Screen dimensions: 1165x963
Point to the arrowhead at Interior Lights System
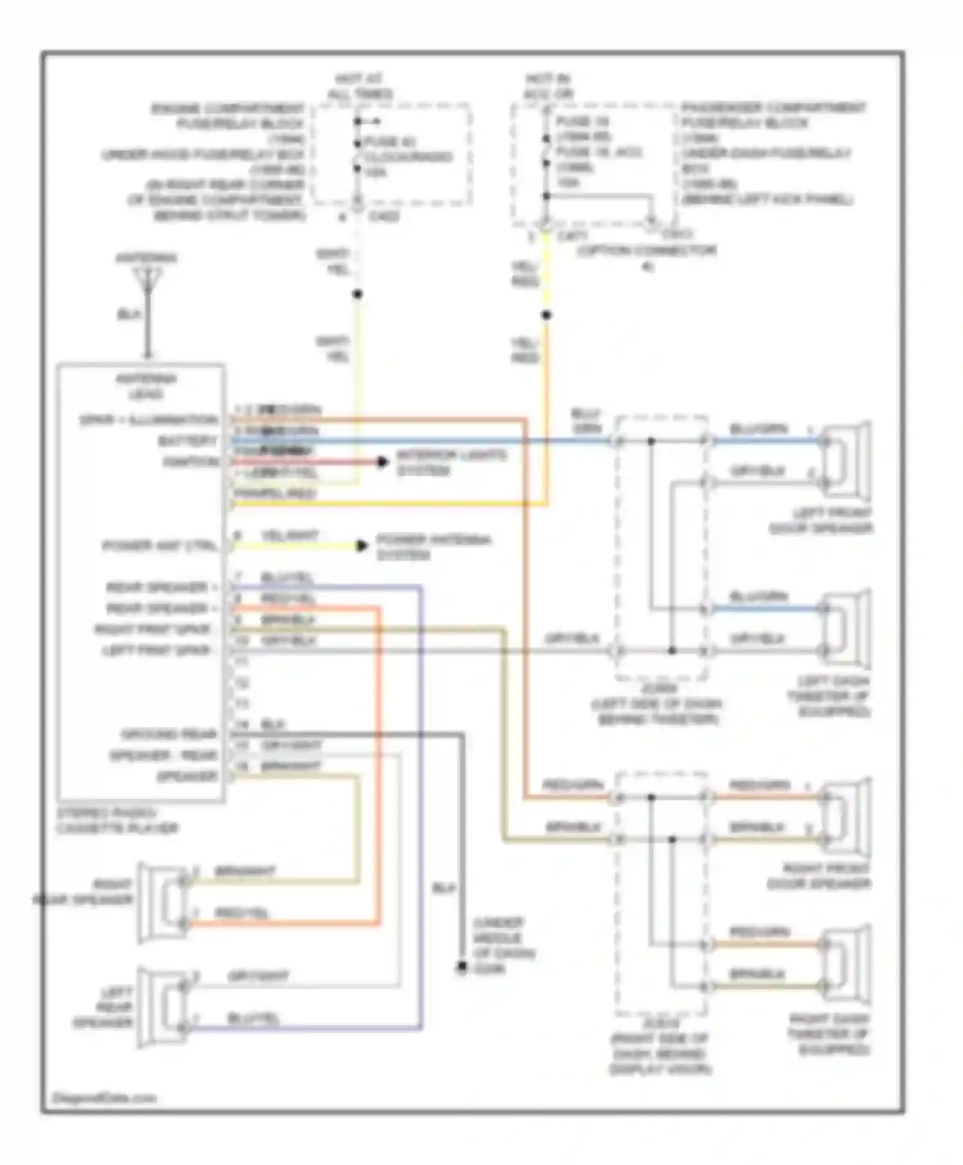383,462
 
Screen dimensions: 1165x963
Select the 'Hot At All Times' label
359,87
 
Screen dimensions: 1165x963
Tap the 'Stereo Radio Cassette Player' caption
117,820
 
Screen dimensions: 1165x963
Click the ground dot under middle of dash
462,967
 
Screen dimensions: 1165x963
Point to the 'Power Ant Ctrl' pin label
160,546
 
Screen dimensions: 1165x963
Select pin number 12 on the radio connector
241,683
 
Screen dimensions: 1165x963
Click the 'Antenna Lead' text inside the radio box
146,386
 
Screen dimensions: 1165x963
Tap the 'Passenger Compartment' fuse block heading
773,107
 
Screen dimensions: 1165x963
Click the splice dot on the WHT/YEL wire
358,294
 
